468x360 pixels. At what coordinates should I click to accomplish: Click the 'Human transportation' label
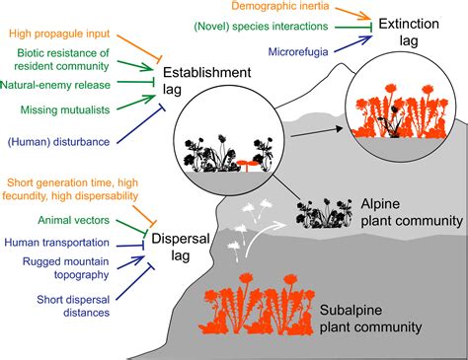pyautogui.click(x=57, y=242)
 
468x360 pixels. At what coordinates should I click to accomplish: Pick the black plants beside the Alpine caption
pyautogui.click(x=322, y=211)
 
